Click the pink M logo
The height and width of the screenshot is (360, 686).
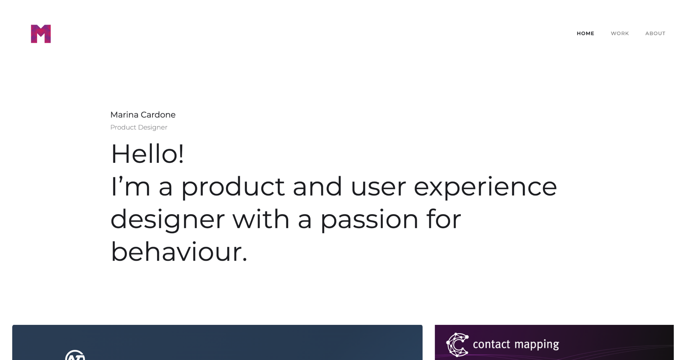tap(41, 34)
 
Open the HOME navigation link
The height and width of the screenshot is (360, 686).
tap(585, 33)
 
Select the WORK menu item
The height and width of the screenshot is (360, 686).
tap(620, 33)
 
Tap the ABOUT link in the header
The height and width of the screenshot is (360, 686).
tap(655, 33)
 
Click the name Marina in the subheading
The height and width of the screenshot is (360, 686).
tap(124, 115)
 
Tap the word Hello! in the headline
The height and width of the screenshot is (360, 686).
tap(147, 154)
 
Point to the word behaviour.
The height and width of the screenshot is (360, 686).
tap(179, 252)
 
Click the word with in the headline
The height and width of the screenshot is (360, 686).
tap(261, 219)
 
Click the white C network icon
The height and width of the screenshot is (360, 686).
tap(457, 345)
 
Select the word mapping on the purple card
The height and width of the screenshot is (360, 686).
tap(537, 345)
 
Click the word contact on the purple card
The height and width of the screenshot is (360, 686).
tap(491, 344)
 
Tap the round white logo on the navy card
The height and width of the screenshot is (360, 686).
tap(75, 355)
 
